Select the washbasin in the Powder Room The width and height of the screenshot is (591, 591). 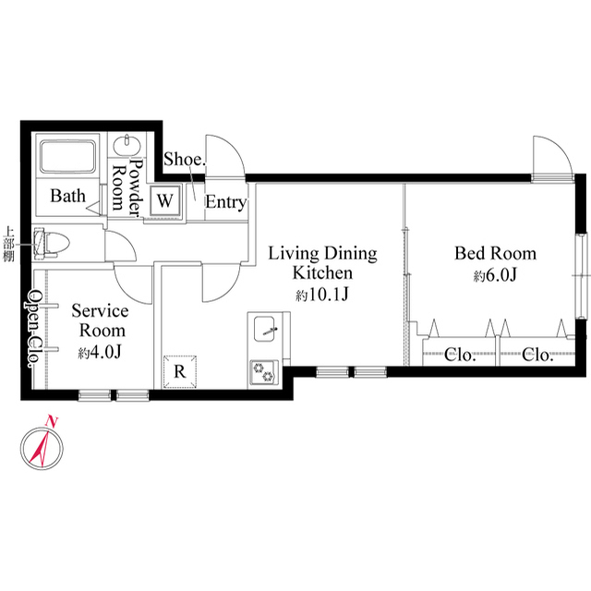tap(125, 146)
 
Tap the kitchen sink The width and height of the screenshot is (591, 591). tap(267, 329)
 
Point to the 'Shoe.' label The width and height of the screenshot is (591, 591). tap(184, 159)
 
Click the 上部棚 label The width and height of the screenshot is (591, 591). tap(8, 244)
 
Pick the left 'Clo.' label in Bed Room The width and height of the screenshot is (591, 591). tap(459, 355)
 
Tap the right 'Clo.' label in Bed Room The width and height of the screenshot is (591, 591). tap(537, 355)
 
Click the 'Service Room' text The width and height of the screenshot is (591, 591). tap(100, 320)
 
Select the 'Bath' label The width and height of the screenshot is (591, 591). tap(67, 196)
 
